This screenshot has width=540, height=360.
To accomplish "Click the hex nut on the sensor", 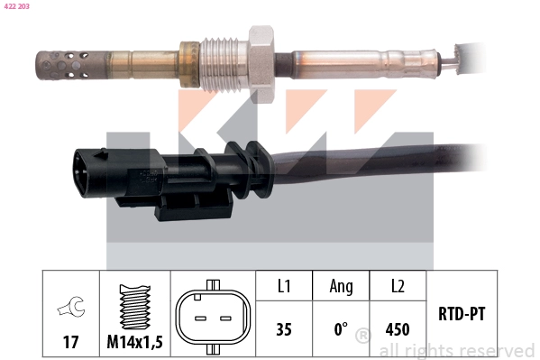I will coord(261,54).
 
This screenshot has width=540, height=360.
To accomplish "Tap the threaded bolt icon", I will coord(134,306).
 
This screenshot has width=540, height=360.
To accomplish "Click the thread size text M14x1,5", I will coord(134,342).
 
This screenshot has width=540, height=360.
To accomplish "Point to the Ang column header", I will coord(341,286).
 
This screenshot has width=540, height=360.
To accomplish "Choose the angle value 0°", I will coord(341,329).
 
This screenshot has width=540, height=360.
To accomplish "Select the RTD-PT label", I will coord(462,315).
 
